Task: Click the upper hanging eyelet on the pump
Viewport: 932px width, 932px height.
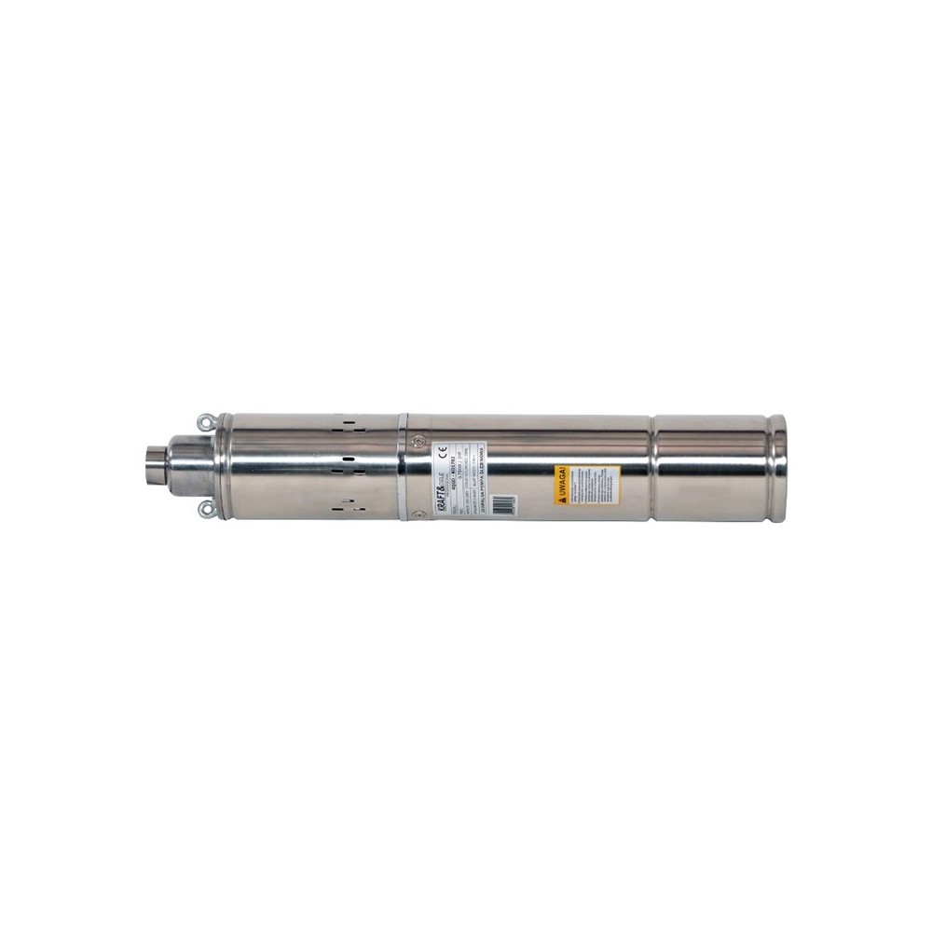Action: point(204,422)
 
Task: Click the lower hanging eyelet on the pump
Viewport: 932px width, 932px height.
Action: point(204,508)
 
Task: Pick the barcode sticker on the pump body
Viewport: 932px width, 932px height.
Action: point(502,503)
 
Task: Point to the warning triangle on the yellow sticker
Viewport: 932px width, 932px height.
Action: point(562,499)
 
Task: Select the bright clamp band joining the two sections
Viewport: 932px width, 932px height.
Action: point(402,466)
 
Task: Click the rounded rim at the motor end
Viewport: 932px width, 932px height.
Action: point(777,466)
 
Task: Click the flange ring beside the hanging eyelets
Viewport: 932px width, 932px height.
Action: point(223,466)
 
